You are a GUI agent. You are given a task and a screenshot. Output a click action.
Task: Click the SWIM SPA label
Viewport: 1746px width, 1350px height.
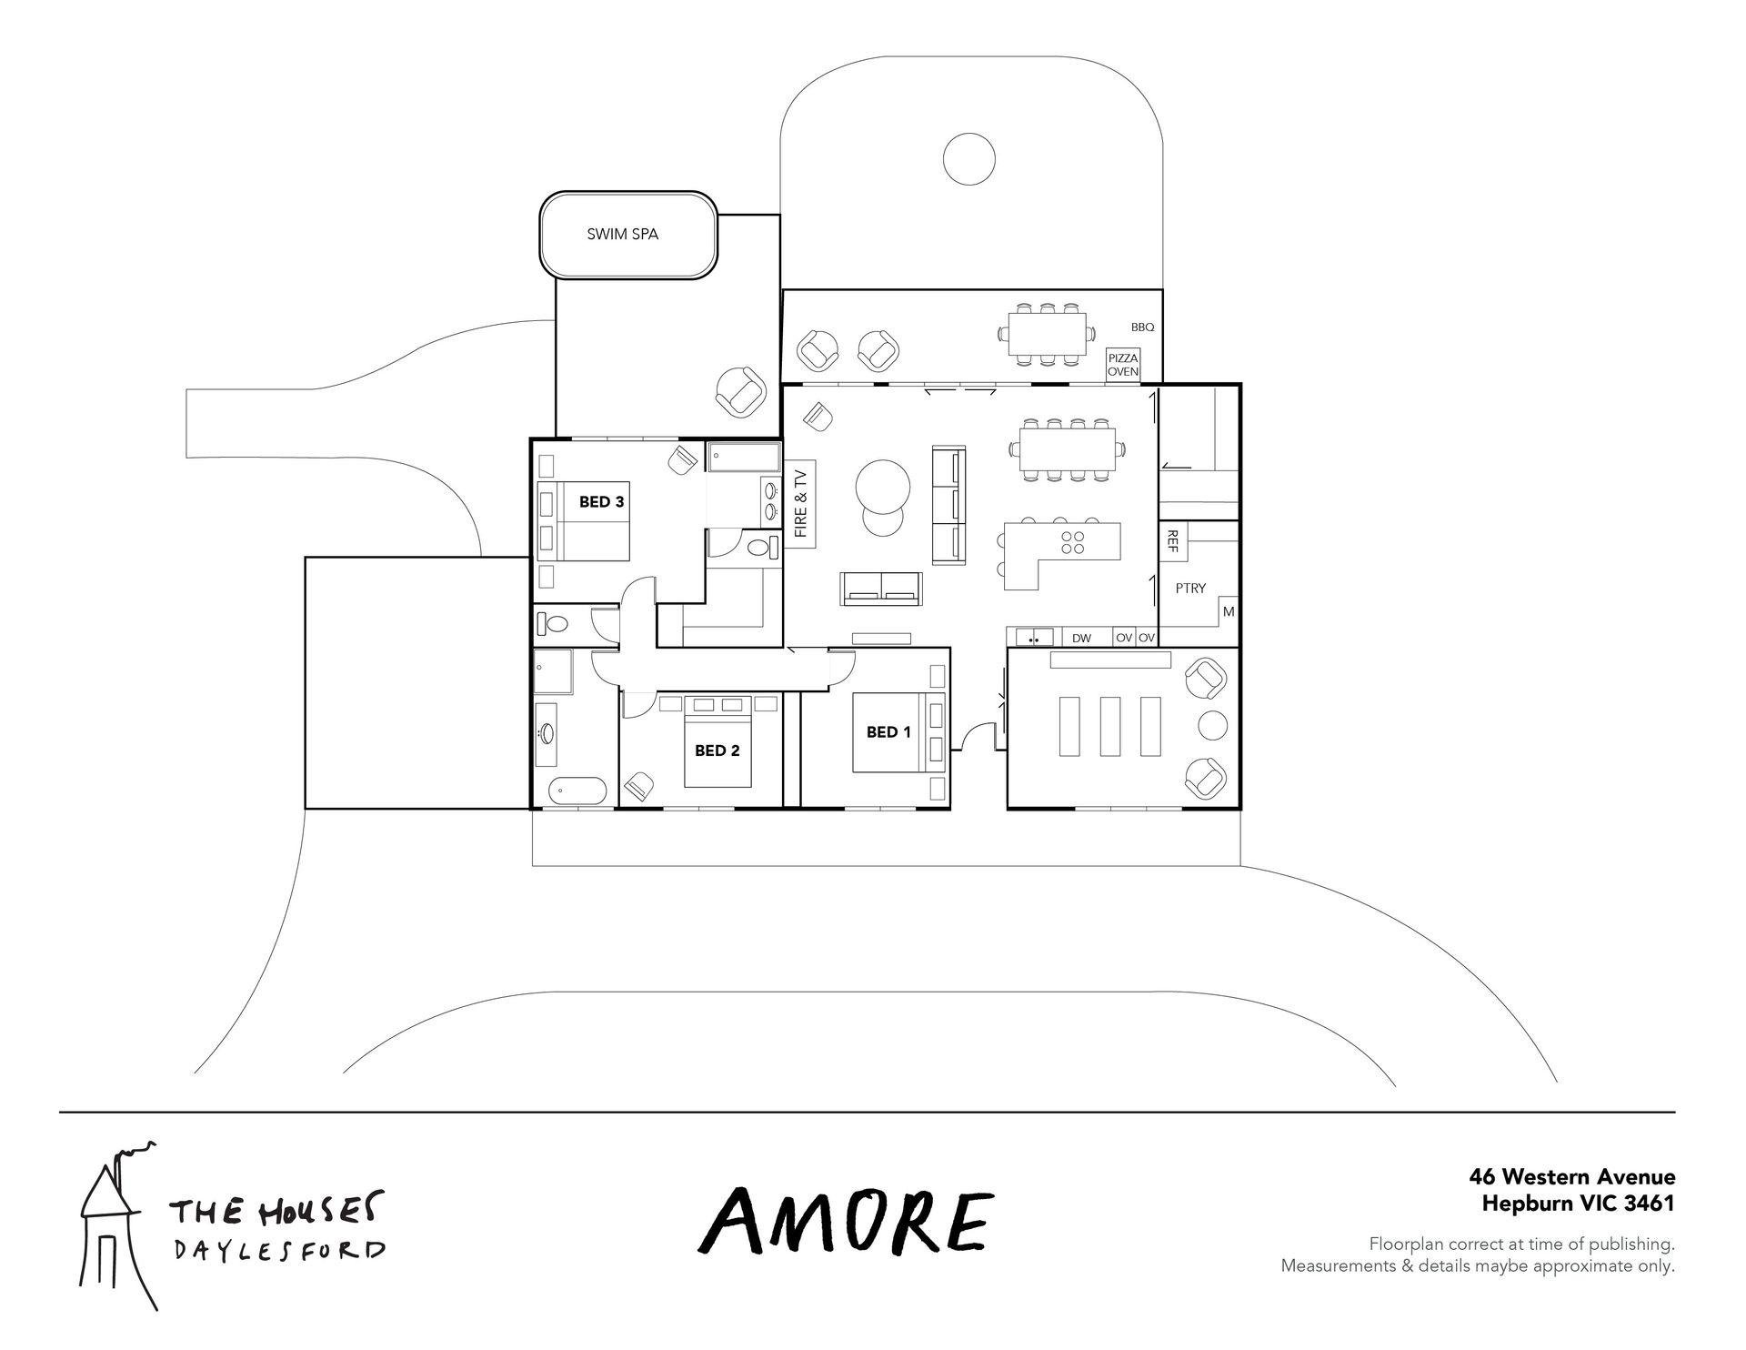pos(622,234)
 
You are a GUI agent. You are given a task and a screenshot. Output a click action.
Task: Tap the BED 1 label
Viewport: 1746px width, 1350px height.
pos(888,731)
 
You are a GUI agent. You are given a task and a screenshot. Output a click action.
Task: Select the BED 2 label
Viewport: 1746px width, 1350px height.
pos(717,751)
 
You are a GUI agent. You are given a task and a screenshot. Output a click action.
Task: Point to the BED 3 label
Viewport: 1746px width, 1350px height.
pos(602,501)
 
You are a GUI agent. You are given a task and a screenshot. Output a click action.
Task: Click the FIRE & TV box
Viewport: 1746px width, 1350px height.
pos(801,504)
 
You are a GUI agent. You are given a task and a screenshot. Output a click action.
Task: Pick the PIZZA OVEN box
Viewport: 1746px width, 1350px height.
pos(1122,365)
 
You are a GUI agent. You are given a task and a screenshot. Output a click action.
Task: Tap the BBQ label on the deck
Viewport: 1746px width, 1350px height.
pos(1142,327)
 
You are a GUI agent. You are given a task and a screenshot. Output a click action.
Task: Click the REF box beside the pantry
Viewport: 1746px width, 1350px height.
pos(1171,541)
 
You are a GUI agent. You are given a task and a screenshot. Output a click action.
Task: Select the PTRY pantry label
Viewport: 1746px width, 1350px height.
pos(1190,589)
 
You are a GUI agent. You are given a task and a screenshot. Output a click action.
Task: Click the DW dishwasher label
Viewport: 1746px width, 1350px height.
pos(1081,639)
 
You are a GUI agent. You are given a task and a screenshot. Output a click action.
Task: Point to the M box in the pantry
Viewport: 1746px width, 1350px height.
pos(1229,612)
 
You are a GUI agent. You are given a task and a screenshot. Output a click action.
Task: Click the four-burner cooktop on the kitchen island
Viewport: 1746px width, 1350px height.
pos(1073,542)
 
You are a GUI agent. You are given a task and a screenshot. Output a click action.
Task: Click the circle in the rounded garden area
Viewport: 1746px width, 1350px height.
pos(969,160)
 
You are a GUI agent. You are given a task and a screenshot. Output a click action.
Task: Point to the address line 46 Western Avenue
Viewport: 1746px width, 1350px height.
pos(1571,1177)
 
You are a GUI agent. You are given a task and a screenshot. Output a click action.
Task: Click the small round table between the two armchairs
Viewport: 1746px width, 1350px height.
pos(1212,725)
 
